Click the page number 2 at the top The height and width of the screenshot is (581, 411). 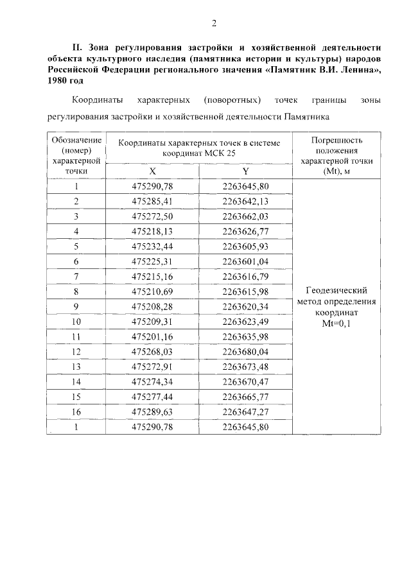pyautogui.click(x=214, y=24)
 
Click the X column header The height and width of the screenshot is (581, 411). pyautogui.click(x=152, y=171)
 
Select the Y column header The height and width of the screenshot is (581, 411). pyautogui.click(x=245, y=171)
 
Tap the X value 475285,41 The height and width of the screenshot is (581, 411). pyautogui.click(x=153, y=202)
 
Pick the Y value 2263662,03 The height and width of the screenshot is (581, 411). pyautogui.click(x=245, y=216)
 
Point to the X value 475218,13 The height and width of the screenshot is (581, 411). pyautogui.click(x=153, y=231)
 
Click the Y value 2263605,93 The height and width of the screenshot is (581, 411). pyautogui.click(x=245, y=247)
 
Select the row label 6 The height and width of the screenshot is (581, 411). pyautogui.click(x=76, y=261)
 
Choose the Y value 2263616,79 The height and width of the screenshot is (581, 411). pyautogui.click(x=245, y=276)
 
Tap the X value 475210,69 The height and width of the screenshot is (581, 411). pyautogui.click(x=153, y=291)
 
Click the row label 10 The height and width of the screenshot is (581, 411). pyautogui.click(x=76, y=321)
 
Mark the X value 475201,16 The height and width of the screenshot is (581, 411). pyautogui.click(x=153, y=336)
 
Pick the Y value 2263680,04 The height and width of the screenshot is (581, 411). pyautogui.click(x=245, y=351)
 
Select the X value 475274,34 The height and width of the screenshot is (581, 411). pyautogui.click(x=153, y=381)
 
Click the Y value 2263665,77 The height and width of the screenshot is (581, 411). pyautogui.click(x=245, y=397)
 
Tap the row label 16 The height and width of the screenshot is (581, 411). pyautogui.click(x=76, y=412)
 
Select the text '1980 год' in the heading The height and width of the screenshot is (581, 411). pyautogui.click(x=66, y=81)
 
